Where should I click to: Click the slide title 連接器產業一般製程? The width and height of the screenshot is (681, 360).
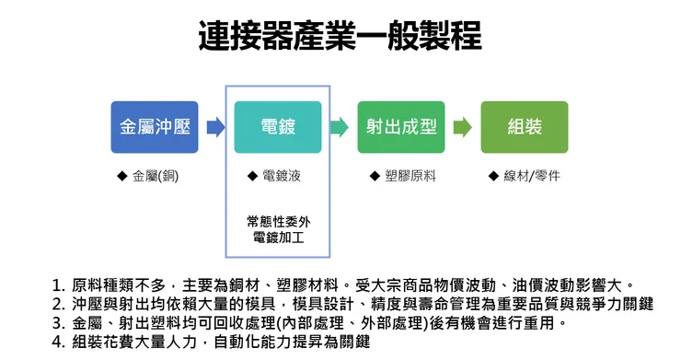point(340,36)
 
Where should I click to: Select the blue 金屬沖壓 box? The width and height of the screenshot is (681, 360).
point(155,127)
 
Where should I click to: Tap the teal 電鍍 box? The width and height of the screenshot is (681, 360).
point(278,127)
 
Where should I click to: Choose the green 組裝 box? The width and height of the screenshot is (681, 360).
point(524,127)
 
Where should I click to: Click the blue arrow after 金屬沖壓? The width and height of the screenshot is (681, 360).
point(215,127)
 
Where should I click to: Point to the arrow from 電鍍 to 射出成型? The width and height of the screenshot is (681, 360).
point(340,127)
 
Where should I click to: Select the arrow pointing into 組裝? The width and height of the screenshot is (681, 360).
point(463,127)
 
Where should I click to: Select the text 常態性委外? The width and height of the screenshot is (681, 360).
point(279,222)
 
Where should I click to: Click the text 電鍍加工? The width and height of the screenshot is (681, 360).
point(279,238)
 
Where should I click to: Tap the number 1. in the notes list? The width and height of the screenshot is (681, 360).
point(59,285)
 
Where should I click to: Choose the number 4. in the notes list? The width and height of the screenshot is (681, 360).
point(59,342)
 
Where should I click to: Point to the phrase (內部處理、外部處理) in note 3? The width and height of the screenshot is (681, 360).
point(351,323)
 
